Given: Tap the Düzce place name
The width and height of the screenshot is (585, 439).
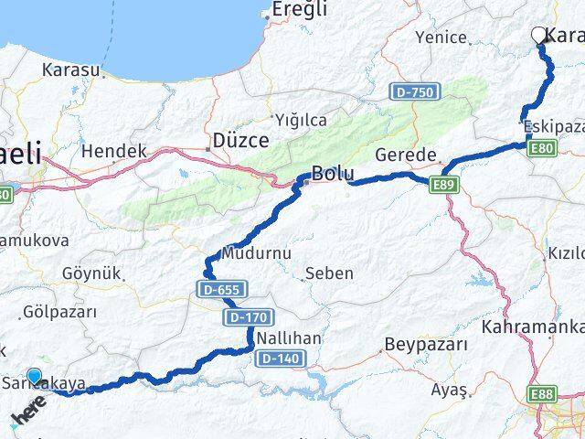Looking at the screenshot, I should (240, 140).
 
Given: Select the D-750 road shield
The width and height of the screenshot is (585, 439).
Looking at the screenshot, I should (415, 91).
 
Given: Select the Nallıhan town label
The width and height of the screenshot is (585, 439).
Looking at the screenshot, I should (288, 338).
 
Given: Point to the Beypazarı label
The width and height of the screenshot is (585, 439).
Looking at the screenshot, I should (426, 346).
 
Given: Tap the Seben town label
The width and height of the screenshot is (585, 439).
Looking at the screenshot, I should (330, 273).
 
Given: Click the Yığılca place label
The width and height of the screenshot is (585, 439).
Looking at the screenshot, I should (301, 120).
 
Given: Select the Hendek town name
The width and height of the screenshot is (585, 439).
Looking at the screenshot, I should (113, 151).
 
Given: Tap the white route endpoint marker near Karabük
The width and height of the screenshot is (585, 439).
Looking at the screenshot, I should (538, 35).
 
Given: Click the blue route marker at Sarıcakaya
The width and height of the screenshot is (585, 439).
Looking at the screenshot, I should (35, 376).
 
